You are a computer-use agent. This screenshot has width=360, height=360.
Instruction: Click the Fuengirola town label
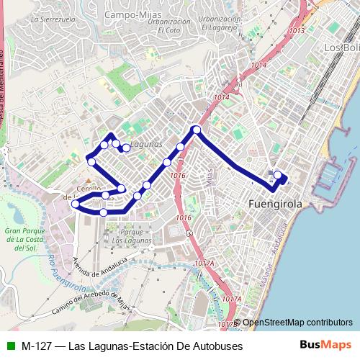pyautogui.click(x=274, y=204)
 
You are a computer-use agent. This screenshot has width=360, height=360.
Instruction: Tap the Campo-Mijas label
pyautogui.click(x=132, y=14)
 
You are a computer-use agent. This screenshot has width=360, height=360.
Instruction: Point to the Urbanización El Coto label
pyautogui.click(x=168, y=26)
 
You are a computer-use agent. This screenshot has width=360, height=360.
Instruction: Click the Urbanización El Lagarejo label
pyautogui.click(x=220, y=23)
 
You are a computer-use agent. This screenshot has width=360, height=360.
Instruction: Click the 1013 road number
pyautogui.click(x=296, y=31)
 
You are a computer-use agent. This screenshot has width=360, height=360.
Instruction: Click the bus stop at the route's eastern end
pyautogui.click(x=277, y=174)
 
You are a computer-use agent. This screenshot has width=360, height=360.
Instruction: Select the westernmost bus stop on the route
pyautogui.click(x=75, y=204)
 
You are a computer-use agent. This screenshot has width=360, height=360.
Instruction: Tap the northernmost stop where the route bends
pyautogui.click(x=195, y=130)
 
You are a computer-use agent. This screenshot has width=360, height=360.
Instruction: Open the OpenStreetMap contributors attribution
pyautogui.click(x=297, y=323)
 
